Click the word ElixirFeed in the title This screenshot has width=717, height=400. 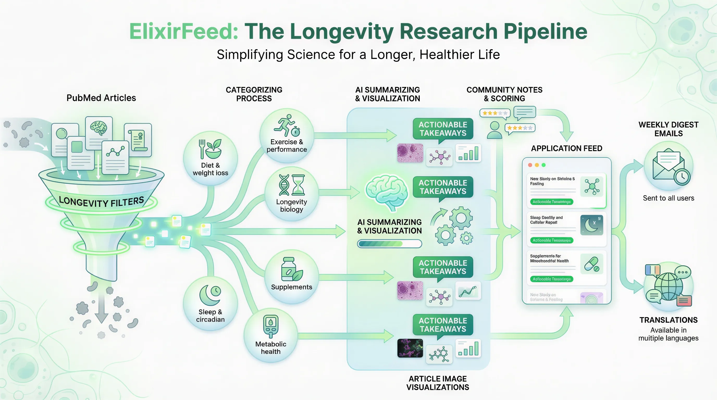point(184,31)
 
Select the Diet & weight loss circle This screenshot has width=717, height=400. point(211,158)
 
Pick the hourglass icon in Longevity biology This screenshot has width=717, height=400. point(298,185)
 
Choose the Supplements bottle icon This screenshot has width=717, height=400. point(289,269)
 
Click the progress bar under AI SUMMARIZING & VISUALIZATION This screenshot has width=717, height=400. point(390,244)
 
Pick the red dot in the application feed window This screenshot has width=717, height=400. point(530,165)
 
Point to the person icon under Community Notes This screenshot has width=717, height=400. point(494,130)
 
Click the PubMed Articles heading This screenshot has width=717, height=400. point(101,98)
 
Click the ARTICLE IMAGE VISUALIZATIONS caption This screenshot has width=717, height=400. point(437,383)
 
